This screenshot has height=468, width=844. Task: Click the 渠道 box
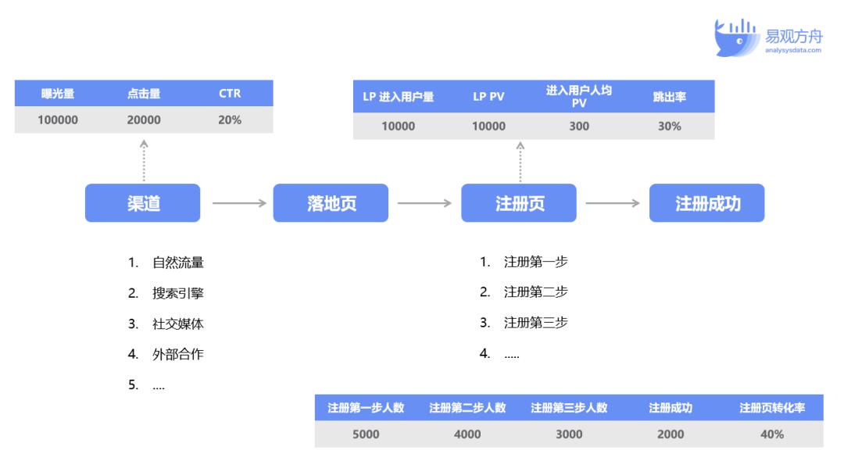143,203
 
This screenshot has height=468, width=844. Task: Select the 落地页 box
331,203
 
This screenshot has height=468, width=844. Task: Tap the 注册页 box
519,203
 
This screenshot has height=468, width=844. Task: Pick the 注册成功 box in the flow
706,203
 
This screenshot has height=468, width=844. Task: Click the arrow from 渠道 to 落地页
240,203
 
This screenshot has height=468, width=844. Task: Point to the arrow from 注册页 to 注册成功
613,203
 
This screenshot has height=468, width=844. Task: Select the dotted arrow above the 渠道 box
144,160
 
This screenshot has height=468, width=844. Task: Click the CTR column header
230,94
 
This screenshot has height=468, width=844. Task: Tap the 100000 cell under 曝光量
58,120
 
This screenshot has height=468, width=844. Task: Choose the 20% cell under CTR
230,120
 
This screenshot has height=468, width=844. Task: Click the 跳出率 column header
669,97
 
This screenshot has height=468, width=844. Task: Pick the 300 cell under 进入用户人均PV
579,127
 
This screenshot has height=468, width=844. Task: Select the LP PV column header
488,97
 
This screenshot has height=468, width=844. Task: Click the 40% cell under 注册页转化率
772,434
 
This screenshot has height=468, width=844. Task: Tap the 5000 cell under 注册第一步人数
366,434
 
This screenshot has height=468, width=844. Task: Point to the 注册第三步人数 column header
569,408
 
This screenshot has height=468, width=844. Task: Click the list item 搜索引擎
177,293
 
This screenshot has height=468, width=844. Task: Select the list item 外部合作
177,354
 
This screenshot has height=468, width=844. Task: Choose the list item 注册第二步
535,292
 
